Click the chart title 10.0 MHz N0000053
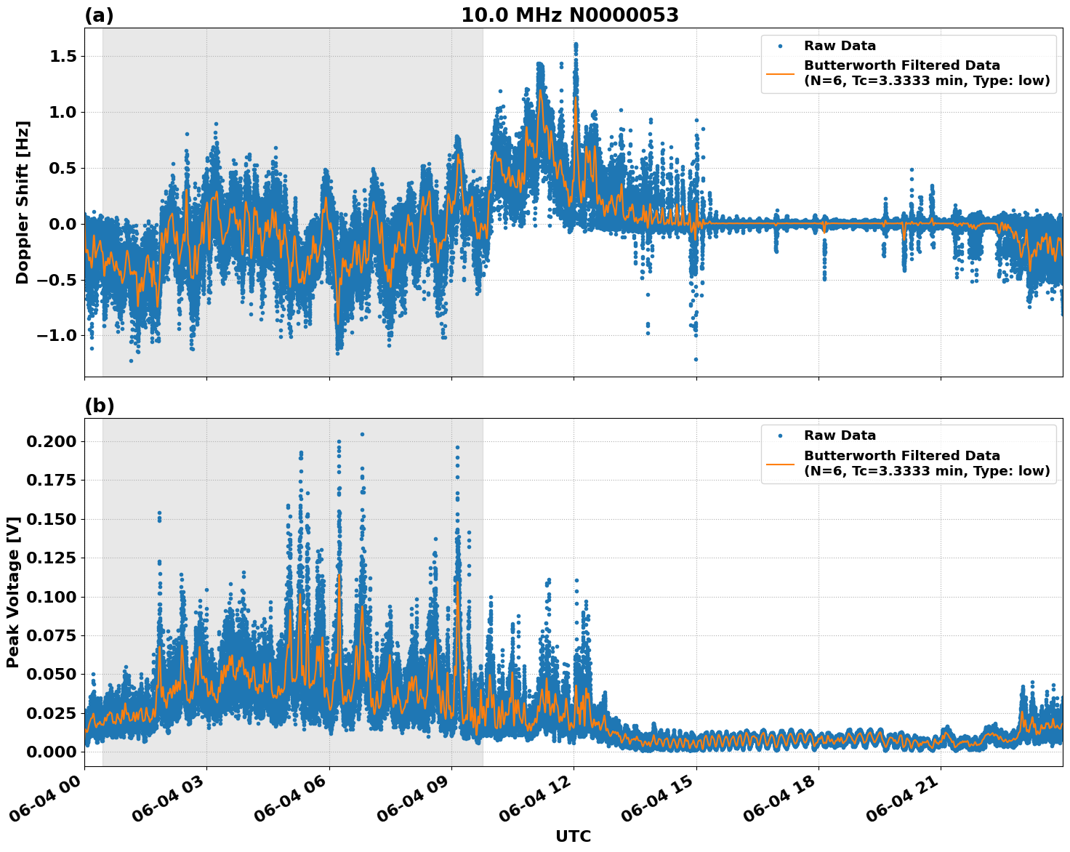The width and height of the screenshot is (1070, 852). pyautogui.click(x=569, y=15)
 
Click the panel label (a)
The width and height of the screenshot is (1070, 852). pyautogui.click(x=99, y=15)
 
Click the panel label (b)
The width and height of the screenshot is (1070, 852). pyautogui.click(x=99, y=406)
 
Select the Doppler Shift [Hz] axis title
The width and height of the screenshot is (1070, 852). pyautogui.click(x=23, y=202)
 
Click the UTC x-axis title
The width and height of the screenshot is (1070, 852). pyautogui.click(x=573, y=837)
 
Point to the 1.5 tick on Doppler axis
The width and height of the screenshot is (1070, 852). pyautogui.click(x=63, y=57)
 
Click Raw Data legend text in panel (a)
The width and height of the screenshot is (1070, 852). pyautogui.click(x=840, y=46)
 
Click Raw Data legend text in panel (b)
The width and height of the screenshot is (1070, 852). pyautogui.click(x=840, y=435)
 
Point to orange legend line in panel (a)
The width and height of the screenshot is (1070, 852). pyautogui.click(x=780, y=73)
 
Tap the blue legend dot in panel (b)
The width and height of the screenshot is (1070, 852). pyautogui.click(x=780, y=435)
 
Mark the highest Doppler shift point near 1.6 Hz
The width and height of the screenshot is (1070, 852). pyautogui.click(x=576, y=44)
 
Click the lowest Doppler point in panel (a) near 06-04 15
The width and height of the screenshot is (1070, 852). pyautogui.click(x=696, y=359)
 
